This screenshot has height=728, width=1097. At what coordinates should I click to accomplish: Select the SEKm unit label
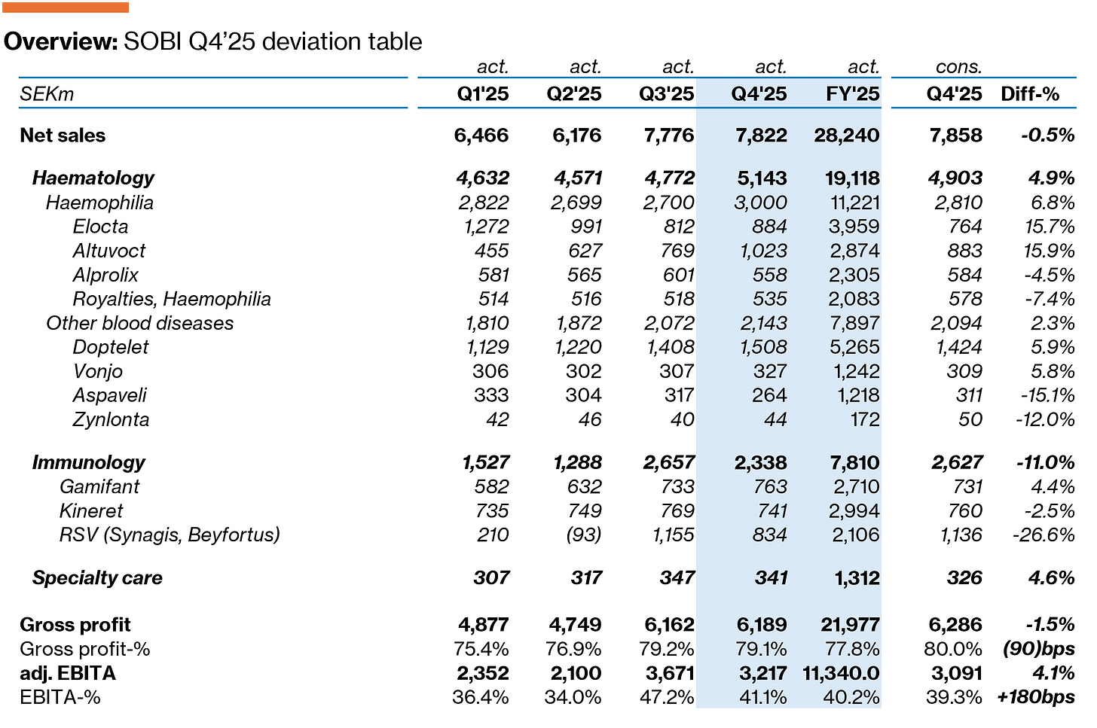pyautogui.click(x=47, y=93)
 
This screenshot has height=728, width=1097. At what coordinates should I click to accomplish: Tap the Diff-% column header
pyautogui.click(x=1030, y=93)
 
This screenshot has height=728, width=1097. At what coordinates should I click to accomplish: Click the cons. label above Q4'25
pyautogui.click(x=959, y=66)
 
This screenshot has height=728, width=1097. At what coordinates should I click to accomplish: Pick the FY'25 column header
pyautogui.click(x=853, y=93)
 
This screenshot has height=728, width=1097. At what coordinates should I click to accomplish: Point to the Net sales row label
pyautogui.click(x=63, y=135)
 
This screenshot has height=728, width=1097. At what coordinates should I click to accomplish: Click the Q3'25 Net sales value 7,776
pyautogui.click(x=669, y=135)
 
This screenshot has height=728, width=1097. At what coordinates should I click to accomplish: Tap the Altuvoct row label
pyautogui.click(x=109, y=251)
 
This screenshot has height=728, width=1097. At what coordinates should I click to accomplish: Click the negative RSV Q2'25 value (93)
pyautogui.click(x=584, y=535)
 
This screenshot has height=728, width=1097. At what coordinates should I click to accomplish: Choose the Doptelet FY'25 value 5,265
pyautogui.click(x=854, y=347)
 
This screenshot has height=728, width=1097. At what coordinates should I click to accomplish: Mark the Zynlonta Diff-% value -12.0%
pyautogui.click(x=1045, y=419)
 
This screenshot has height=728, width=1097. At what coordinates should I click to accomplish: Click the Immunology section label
pyautogui.click(x=89, y=462)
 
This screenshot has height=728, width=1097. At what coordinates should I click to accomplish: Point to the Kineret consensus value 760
pyautogui.click(x=964, y=510)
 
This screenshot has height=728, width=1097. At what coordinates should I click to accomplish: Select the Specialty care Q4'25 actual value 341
pyautogui.click(x=771, y=577)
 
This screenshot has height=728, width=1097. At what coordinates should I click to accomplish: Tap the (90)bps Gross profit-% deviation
pyautogui.click(x=1038, y=649)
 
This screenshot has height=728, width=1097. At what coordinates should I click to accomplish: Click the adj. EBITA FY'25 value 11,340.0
pyautogui.click(x=842, y=673)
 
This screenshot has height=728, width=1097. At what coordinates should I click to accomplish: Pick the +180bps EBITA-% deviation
pyautogui.click(x=1036, y=697)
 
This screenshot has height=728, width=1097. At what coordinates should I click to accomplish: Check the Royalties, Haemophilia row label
pyautogui.click(x=172, y=299)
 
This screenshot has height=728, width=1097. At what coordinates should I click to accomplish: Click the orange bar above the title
pyautogui.click(x=66, y=8)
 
